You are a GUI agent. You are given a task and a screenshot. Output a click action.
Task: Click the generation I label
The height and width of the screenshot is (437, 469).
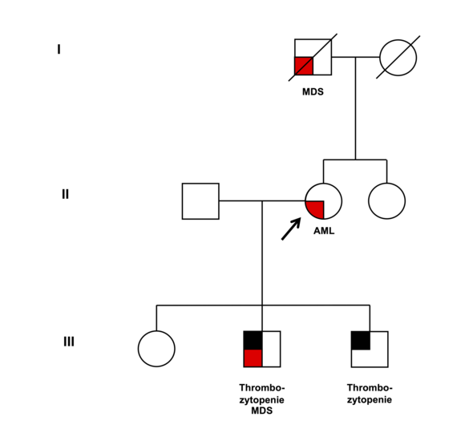59,50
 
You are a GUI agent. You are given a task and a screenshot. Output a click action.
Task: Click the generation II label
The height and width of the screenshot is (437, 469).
65,194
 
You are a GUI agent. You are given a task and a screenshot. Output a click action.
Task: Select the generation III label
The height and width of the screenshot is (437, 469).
69,342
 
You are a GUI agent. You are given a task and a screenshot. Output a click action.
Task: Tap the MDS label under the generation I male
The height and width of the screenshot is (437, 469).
313,92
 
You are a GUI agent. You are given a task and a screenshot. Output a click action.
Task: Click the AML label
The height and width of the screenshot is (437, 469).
324,231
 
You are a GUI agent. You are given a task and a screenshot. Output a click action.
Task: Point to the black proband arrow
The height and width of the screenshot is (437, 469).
291,229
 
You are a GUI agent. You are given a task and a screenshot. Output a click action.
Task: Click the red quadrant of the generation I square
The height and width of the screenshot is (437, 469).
304,66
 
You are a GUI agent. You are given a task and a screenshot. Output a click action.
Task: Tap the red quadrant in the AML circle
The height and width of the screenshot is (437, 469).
316,208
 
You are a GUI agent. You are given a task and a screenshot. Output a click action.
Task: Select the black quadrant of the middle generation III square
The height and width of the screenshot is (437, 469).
253,340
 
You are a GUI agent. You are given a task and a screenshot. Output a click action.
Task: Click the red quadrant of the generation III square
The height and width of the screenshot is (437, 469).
253,358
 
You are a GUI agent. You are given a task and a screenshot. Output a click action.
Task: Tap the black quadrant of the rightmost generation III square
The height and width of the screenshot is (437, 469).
361,341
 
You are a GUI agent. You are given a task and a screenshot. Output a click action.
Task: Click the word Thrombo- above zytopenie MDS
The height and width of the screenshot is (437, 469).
262,387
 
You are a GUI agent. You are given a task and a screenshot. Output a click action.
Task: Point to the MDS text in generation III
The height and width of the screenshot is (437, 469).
262,411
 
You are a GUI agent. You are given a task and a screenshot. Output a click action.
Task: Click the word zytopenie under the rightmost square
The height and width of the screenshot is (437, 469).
370,400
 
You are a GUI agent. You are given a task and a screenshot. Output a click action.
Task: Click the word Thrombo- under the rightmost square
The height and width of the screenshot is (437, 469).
370,387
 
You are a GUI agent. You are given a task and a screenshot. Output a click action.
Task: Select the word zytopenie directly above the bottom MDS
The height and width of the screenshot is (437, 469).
261,400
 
